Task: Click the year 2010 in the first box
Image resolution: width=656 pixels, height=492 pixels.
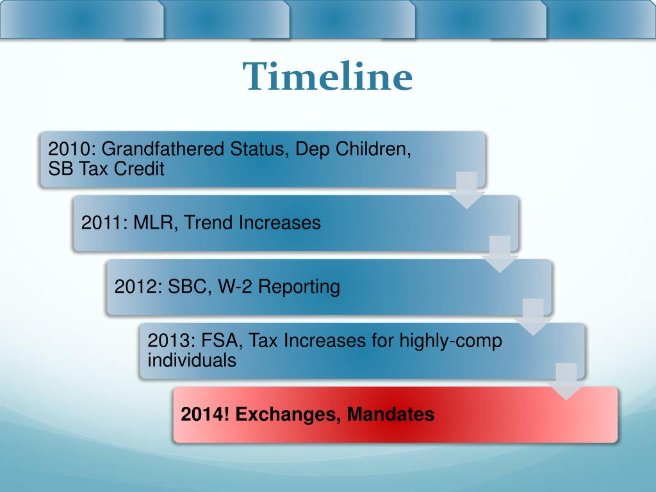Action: pos(70,149)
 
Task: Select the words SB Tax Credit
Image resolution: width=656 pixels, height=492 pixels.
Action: pos(106,169)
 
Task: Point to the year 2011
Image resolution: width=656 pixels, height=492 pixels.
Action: pos(104,223)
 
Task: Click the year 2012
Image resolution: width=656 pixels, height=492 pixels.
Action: pos(137,286)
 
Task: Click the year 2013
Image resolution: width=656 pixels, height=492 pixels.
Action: pos(170,341)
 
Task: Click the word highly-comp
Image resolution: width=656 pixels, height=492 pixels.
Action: pos(450,341)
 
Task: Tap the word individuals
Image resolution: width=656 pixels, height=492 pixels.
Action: pos(192,360)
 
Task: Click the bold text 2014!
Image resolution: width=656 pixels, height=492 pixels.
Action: pos(205,414)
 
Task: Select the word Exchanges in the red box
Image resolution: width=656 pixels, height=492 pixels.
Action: pos(287,414)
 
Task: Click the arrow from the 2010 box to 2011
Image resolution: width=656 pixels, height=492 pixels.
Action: pos(467,190)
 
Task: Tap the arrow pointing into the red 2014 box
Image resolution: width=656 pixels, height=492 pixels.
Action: pos(566,381)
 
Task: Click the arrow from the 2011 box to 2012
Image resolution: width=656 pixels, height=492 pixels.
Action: pos(500,254)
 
